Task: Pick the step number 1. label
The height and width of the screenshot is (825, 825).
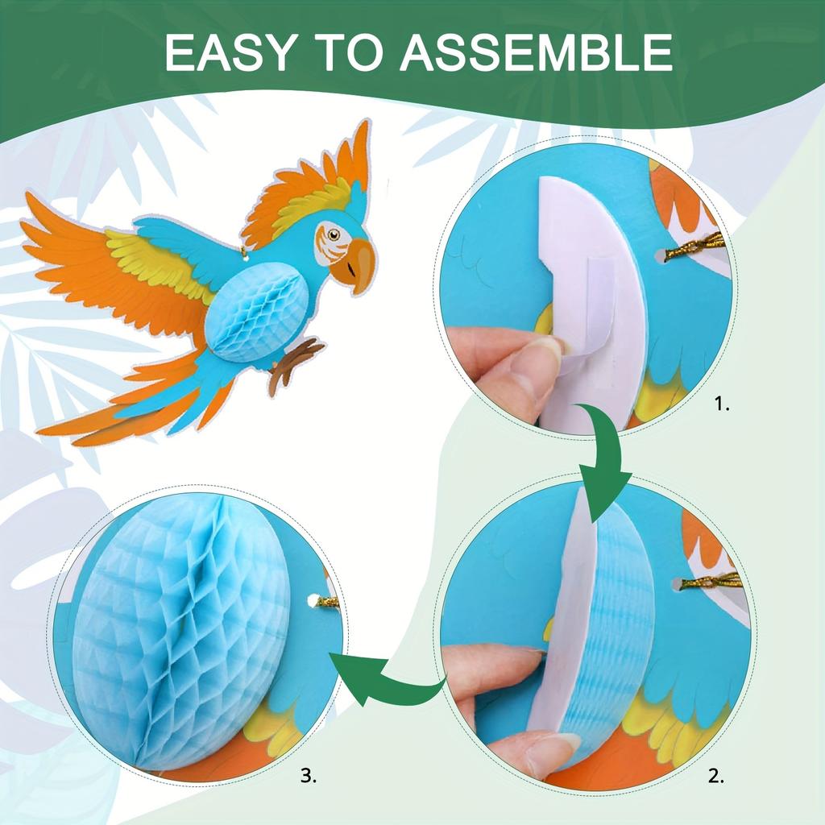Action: (x=722, y=405)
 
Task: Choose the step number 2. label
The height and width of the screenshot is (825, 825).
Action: (x=715, y=777)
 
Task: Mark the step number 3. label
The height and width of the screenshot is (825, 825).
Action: (x=309, y=777)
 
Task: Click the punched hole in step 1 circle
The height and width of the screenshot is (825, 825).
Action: (x=661, y=256)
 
